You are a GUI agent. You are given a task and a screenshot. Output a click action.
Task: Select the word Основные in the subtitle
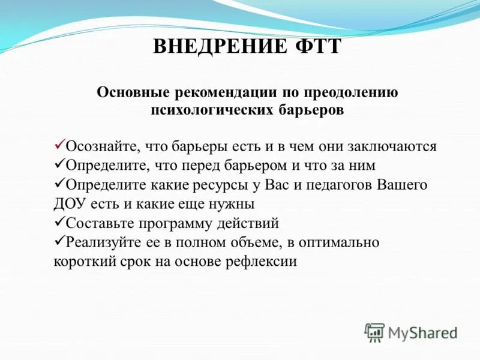[133, 93]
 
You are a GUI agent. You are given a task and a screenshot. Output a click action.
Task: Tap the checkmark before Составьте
[59, 223]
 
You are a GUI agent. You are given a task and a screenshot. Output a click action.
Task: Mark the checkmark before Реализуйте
[59, 242]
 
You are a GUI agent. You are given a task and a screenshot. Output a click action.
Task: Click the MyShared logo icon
[374, 332]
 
